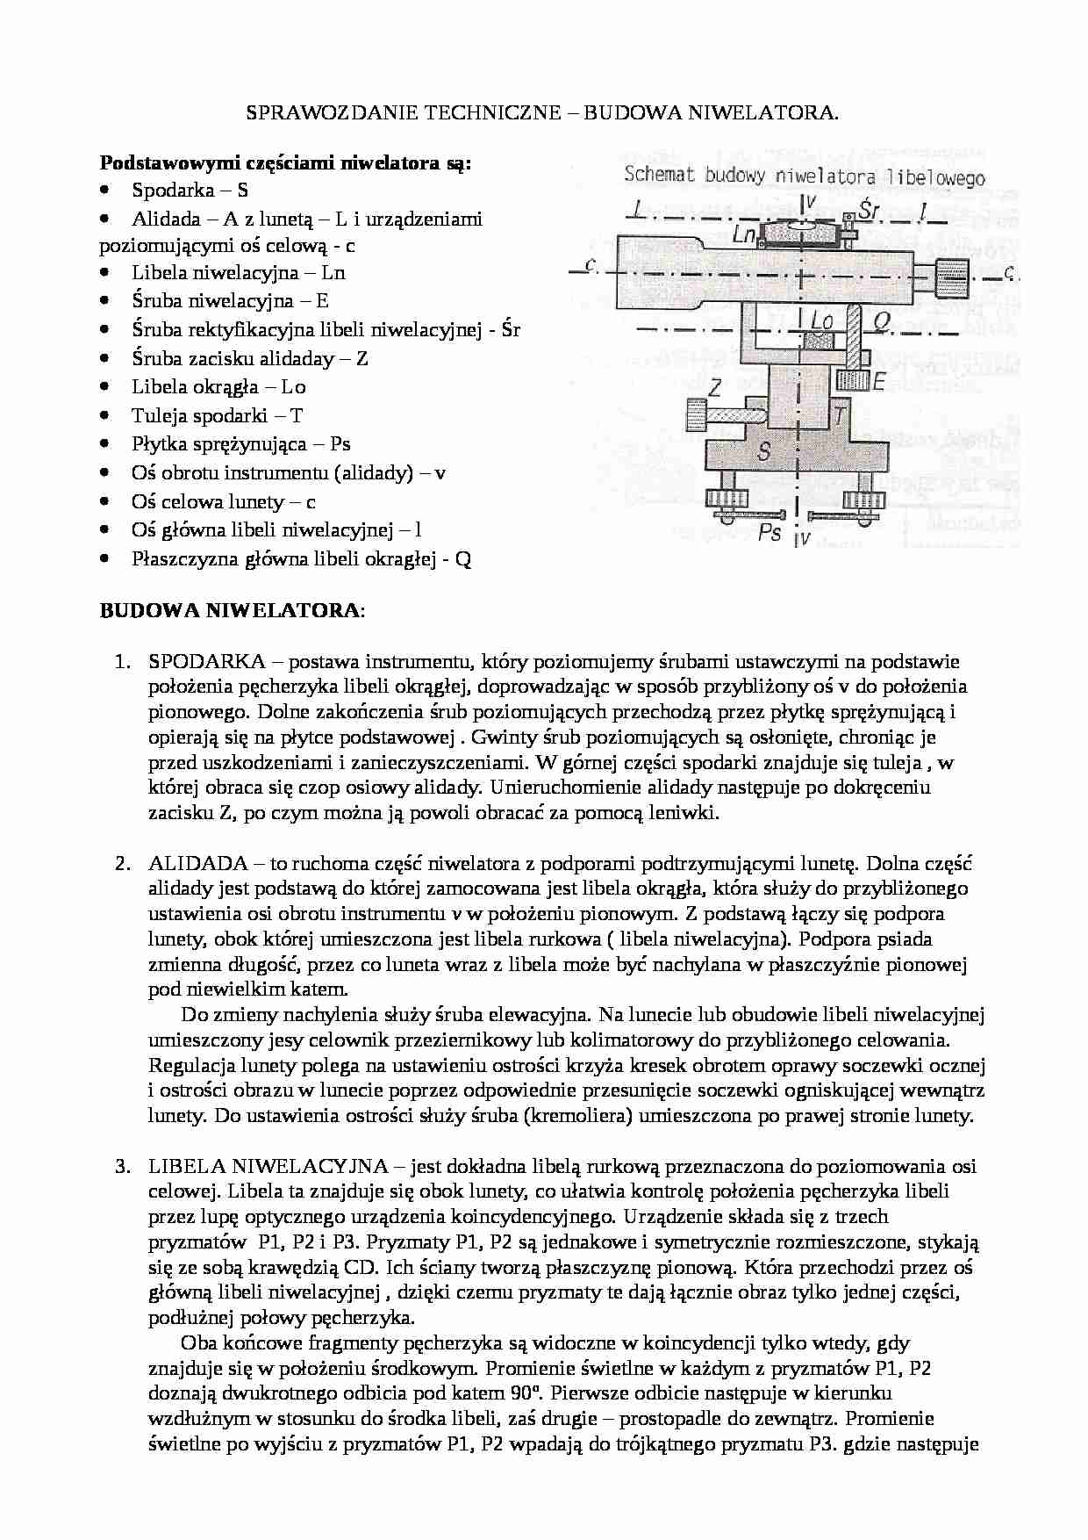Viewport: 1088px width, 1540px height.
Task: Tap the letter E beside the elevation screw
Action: coord(878,381)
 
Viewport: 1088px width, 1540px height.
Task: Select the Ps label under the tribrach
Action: coord(769,532)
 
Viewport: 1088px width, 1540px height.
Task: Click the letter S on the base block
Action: coord(764,452)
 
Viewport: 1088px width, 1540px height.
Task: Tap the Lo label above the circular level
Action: coord(821,322)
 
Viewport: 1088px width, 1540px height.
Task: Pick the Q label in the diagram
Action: coord(881,322)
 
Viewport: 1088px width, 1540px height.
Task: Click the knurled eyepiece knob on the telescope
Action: coord(952,280)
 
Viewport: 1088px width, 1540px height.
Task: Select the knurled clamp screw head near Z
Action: coord(697,413)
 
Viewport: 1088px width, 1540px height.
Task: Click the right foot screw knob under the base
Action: coord(860,500)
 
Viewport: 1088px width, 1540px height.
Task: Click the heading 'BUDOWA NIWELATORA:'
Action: coord(233,611)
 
